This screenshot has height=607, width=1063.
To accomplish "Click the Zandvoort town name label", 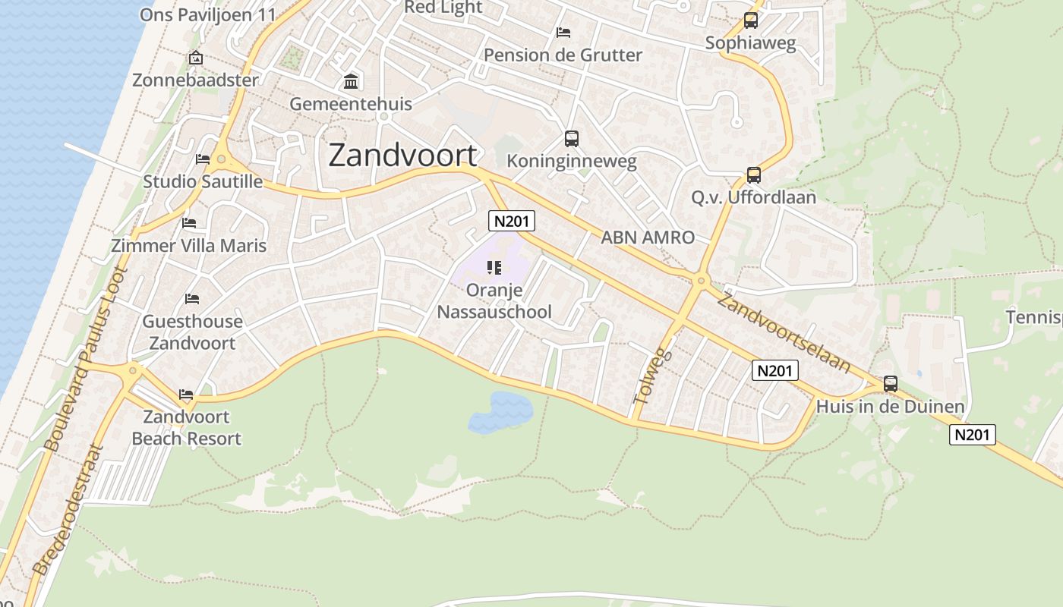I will click(403, 156).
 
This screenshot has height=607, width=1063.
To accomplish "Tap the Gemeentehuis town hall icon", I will click(352, 81).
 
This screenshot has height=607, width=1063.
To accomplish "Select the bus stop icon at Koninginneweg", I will click(572, 139).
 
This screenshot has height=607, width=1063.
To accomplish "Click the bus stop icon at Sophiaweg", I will click(751, 20).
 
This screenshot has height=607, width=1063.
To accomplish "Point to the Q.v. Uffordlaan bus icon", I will click(754, 175).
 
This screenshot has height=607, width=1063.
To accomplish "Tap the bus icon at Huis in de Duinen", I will click(891, 384).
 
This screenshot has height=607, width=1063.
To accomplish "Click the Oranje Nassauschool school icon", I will click(494, 267).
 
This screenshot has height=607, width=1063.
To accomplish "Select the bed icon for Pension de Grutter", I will click(563, 32).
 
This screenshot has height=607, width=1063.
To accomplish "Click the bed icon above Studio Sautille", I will click(203, 159).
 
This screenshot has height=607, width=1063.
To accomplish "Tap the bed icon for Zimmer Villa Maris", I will click(189, 222).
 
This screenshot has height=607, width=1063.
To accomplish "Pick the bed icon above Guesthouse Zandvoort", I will click(192, 299).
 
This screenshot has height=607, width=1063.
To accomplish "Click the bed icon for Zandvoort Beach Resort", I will click(186, 394).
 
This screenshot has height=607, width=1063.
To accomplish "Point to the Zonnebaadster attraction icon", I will click(195, 58).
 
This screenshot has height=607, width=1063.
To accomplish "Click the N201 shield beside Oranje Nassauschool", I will click(512, 221).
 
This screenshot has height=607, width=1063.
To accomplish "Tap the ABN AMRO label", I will click(648, 237).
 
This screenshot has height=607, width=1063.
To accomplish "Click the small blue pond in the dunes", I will click(500, 412).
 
